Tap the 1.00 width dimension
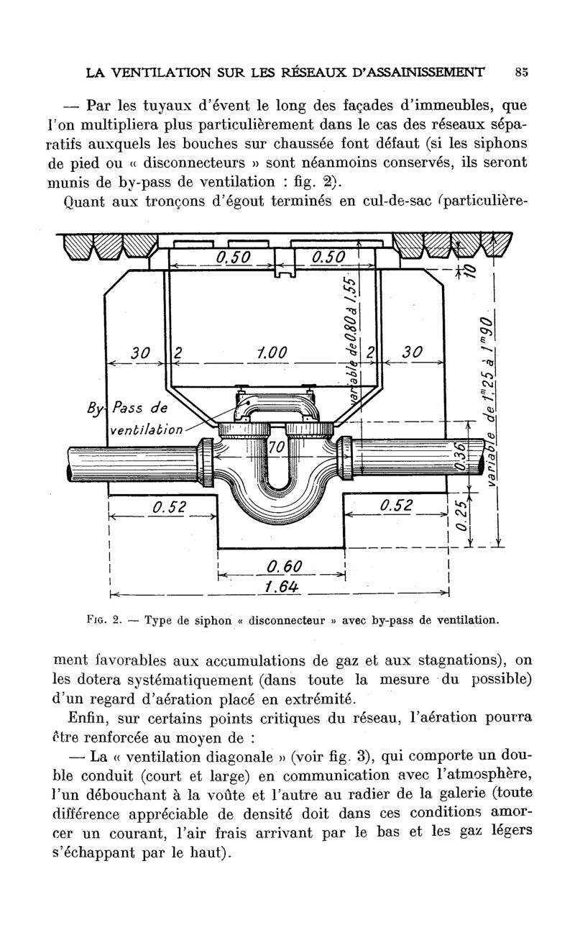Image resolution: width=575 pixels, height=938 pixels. coord(272,352)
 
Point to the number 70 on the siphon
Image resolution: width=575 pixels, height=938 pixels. coord(277,448)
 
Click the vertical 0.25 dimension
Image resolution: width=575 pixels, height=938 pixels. coord(464,516)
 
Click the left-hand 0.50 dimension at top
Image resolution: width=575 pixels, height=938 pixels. coord(233,258)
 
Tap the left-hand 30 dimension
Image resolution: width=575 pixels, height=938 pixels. coord(140,352)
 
